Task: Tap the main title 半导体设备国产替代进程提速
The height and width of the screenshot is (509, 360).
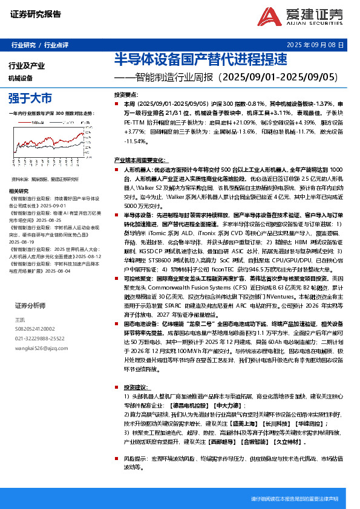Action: point(192,59)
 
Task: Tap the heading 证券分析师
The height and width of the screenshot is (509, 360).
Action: point(30,305)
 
